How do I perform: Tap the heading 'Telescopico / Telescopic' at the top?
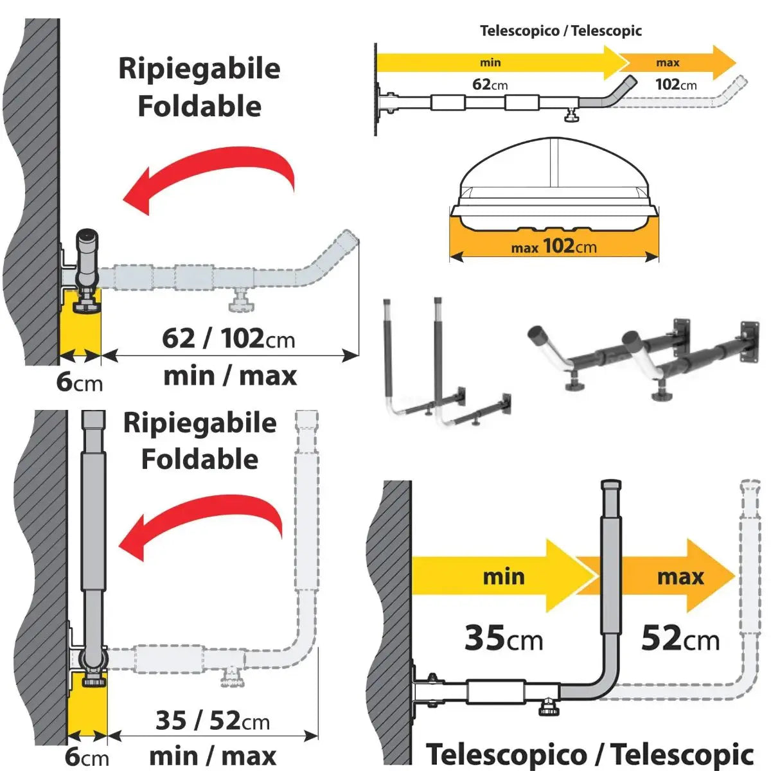pyautogui.click(x=560, y=31)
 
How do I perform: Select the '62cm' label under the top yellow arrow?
pyautogui.click(x=490, y=84)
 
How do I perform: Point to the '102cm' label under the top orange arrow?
pyautogui.click(x=675, y=84)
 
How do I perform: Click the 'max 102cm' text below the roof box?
pyautogui.click(x=553, y=246)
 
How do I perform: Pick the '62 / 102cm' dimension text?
pyautogui.click(x=228, y=338)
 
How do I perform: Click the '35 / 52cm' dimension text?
pyautogui.click(x=212, y=720)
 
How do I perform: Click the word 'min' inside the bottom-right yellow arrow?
pyautogui.click(x=503, y=576)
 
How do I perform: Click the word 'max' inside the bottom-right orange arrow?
pyautogui.click(x=680, y=576)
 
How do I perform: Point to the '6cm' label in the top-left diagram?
pyautogui.click(x=79, y=382)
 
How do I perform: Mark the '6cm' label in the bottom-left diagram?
pyautogui.click(x=87, y=756)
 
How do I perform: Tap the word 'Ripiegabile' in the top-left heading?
pyautogui.click(x=199, y=69)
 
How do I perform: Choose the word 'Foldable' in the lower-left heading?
pyautogui.click(x=199, y=459)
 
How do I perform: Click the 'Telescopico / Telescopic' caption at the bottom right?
pyautogui.click(x=589, y=754)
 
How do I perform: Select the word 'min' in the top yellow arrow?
pyautogui.click(x=490, y=62)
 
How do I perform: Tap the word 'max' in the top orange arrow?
pyautogui.click(x=668, y=62)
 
